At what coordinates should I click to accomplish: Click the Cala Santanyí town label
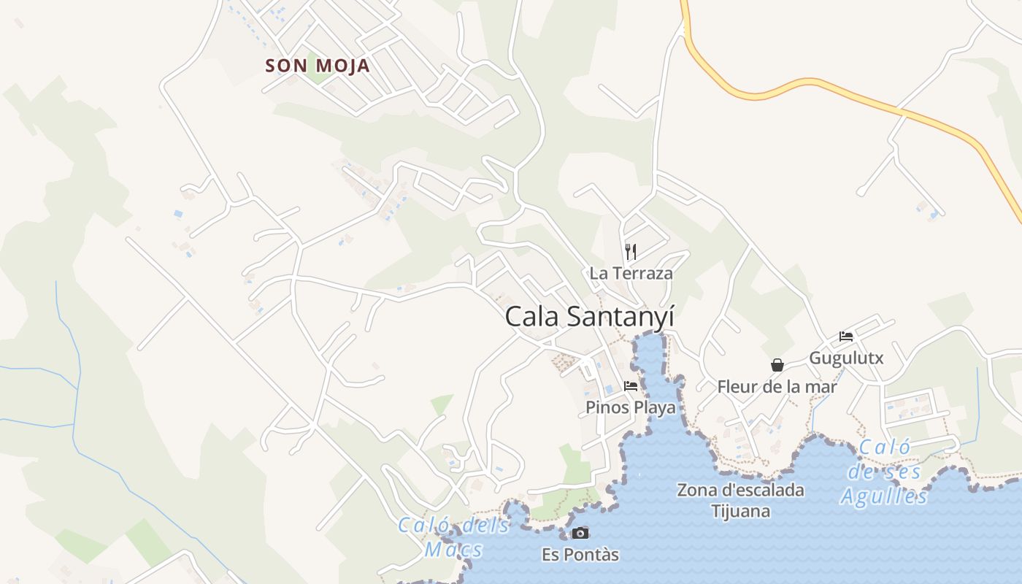point(589,317)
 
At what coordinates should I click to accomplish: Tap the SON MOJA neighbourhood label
point(318,66)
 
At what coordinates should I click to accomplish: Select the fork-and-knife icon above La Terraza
point(631,252)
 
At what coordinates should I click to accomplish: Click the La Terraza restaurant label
point(631,274)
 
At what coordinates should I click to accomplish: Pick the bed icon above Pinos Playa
point(631,386)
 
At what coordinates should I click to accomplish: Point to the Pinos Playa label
point(631,407)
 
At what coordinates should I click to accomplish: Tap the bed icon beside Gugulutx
point(846,337)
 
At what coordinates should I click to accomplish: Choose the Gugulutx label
point(846,358)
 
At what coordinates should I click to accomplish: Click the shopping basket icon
point(777,365)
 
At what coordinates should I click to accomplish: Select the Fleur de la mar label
point(777,387)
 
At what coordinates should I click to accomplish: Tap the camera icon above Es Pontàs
point(580,533)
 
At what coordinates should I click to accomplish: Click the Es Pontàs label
point(580,555)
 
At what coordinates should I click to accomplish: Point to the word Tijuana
point(740,511)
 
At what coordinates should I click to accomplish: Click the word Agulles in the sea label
point(884,497)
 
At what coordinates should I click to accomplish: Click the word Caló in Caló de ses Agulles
point(885,447)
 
